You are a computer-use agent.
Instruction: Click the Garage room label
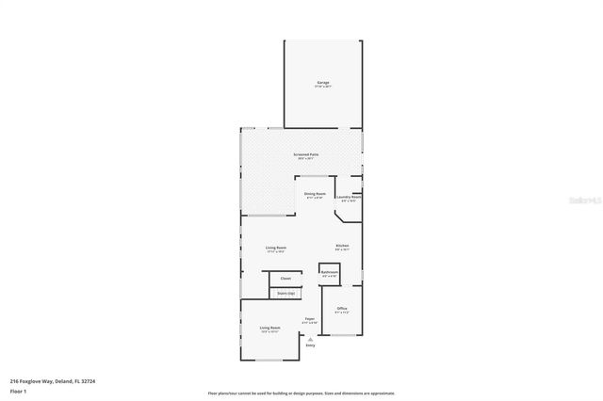pyautogui.click(x=322, y=83)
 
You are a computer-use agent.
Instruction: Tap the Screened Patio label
pyautogui.click(x=305, y=153)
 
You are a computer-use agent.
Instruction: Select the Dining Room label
pyautogui.click(x=314, y=194)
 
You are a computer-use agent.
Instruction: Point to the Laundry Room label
pyautogui.click(x=350, y=196)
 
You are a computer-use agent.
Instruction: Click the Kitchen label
pyautogui.click(x=342, y=247)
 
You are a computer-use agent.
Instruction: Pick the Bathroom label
pyautogui.click(x=329, y=272)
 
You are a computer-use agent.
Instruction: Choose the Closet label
pyautogui.click(x=285, y=279)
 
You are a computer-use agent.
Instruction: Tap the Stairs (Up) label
pyautogui.click(x=285, y=294)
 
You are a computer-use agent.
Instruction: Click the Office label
pyautogui.click(x=342, y=309)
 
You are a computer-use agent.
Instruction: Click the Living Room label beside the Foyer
pyautogui.click(x=270, y=328)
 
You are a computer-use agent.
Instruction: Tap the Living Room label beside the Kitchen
pyautogui.click(x=275, y=248)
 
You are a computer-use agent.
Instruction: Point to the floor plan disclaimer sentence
pyautogui.click(x=301, y=393)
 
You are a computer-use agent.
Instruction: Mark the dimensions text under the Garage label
pyautogui.click(x=322, y=87)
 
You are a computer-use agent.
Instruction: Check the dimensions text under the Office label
pyautogui.click(x=342, y=313)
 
